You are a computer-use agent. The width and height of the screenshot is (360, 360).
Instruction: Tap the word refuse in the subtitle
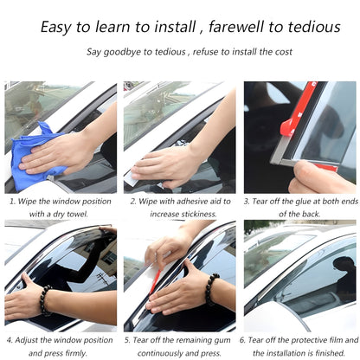click(202, 52)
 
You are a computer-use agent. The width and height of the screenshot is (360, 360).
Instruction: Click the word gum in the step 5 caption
click(215, 340)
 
